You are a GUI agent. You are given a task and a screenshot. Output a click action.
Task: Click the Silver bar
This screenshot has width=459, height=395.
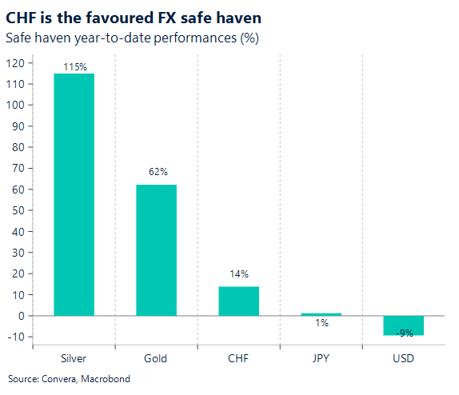(74, 194)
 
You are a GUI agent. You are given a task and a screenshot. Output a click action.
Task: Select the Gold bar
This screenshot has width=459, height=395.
(156, 249)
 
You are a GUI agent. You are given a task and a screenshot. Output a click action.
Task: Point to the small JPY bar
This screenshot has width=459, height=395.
(321, 314)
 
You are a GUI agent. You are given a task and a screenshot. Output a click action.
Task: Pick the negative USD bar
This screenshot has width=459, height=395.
(403, 325)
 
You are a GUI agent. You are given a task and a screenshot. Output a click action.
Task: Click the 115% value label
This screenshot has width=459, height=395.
(74, 66)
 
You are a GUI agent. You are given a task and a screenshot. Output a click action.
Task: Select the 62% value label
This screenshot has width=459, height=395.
(156, 172)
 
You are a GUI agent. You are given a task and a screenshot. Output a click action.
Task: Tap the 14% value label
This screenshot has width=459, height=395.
(238, 274)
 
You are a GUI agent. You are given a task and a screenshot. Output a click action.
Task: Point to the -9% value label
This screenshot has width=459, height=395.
(404, 332)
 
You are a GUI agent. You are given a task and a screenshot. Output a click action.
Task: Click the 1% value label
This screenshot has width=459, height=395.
(321, 324)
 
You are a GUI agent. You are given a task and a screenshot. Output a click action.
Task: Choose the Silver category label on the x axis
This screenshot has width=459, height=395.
(74, 358)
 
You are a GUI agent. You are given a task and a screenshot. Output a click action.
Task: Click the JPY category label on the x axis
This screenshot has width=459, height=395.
(321, 358)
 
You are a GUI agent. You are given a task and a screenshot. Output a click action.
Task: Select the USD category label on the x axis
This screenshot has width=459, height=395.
(403, 358)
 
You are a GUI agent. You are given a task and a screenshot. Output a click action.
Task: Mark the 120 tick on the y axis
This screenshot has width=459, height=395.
(16, 63)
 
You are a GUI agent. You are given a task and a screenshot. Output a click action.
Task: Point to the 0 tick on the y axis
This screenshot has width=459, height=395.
(22, 316)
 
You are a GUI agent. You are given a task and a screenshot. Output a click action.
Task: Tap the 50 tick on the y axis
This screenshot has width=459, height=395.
(18, 210)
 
